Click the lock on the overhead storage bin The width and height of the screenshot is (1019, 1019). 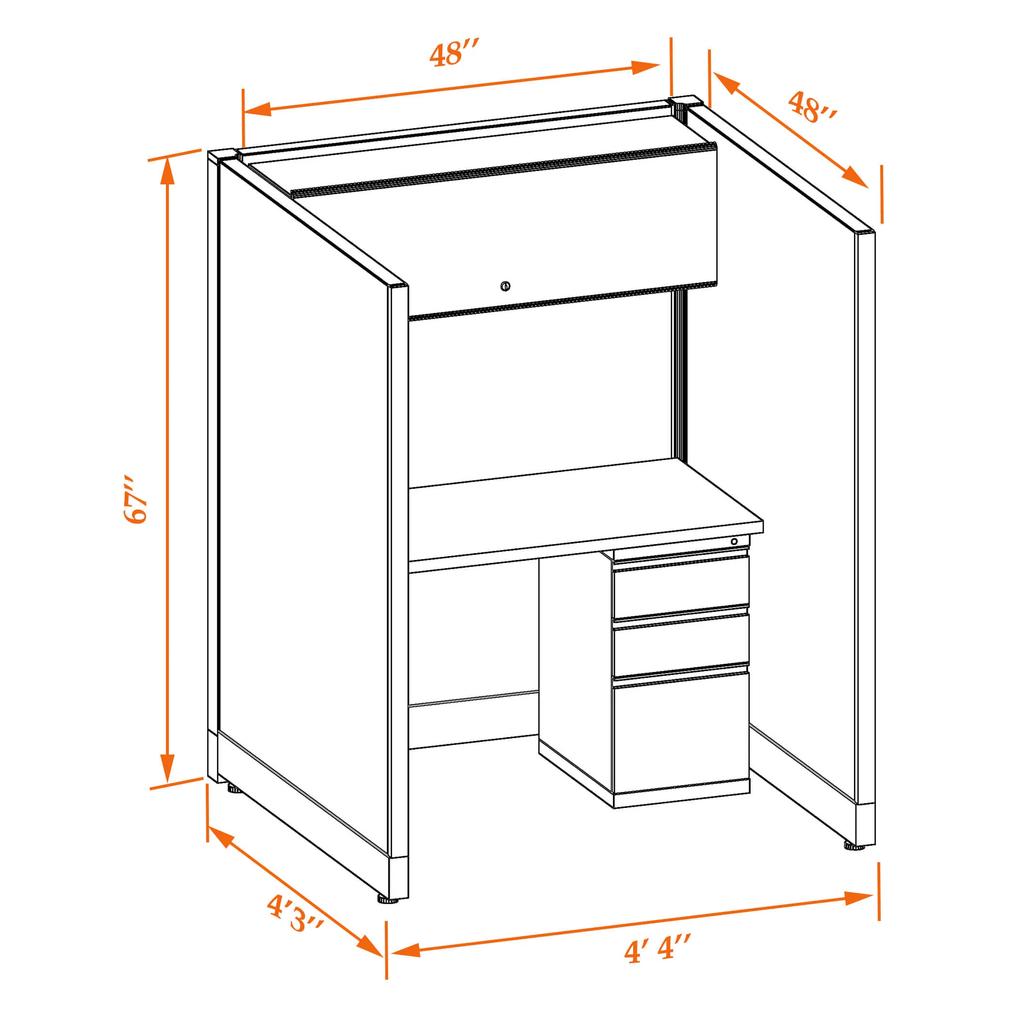(505, 286)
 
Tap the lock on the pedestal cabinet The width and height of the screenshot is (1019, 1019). (734, 542)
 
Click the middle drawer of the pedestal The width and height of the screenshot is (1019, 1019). (680, 644)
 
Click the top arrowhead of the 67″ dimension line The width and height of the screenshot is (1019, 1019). (167, 170)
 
